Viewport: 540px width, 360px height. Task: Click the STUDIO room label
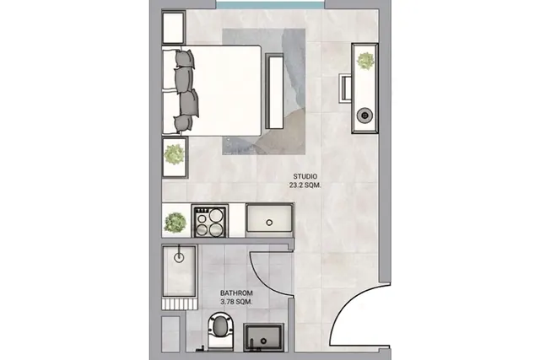[x=305, y=176]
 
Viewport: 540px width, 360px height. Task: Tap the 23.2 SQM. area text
[x=305, y=185]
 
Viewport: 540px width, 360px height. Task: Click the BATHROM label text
[x=236, y=293]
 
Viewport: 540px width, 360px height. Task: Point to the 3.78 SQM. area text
[x=236, y=302]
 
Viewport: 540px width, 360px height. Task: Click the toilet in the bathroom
[x=221, y=330]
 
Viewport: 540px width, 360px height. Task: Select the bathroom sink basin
[x=263, y=337]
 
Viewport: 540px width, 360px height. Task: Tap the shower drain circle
[x=179, y=257]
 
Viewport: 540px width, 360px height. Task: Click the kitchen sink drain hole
[x=269, y=223]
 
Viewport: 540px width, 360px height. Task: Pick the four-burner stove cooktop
[x=210, y=222]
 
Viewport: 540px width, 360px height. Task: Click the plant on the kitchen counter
[x=175, y=223]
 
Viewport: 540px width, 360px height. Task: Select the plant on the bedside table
[x=175, y=154]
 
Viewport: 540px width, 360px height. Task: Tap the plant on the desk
[x=365, y=61]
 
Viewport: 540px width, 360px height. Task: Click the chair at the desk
[x=345, y=88]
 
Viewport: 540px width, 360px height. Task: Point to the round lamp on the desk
[x=364, y=116]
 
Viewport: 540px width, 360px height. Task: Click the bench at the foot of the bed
[x=274, y=91]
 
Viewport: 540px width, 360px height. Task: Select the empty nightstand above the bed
[x=174, y=28]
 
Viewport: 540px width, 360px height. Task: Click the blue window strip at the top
[x=270, y=5]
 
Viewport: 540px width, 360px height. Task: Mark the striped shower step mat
[x=180, y=304]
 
